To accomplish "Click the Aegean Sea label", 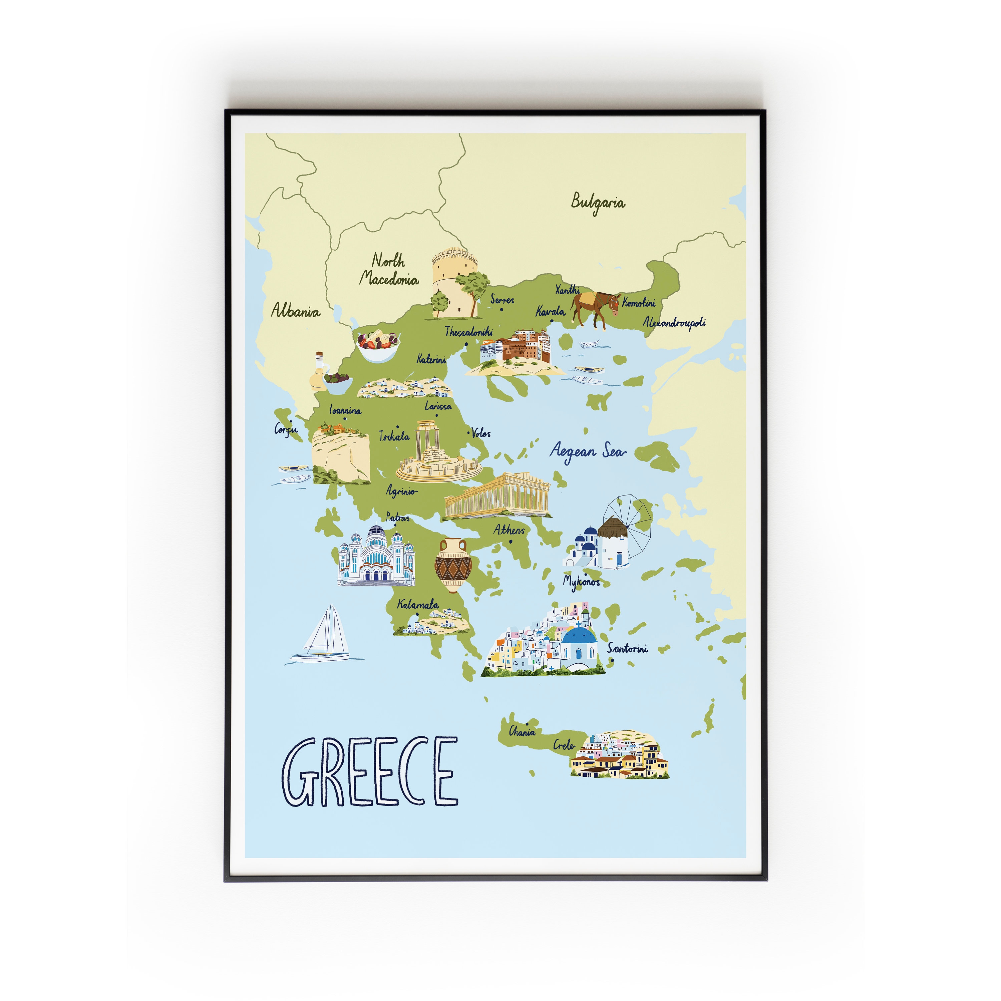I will click(588, 451).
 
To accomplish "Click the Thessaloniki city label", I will click(468, 332).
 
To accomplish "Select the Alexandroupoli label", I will click(674, 322).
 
